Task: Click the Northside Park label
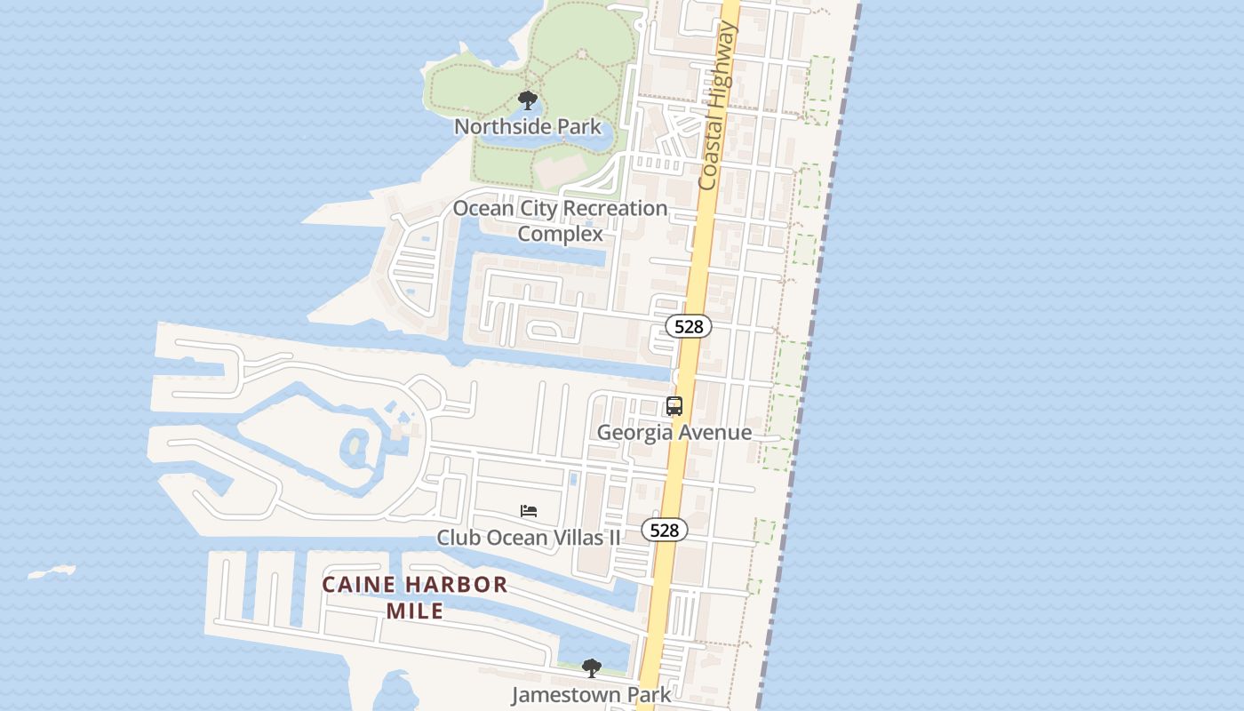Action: coord(528,126)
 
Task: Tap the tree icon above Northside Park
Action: coord(528,100)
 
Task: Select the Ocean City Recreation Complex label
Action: coord(560,220)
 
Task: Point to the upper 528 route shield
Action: coord(689,326)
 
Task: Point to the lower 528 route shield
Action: coord(664,530)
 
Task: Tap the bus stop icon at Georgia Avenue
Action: coord(674,406)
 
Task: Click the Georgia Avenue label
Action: coord(674,433)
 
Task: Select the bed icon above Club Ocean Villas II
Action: coord(529,511)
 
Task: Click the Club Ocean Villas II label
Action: coord(529,537)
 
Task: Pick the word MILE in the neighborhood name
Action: coord(415,611)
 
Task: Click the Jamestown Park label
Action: coord(591,694)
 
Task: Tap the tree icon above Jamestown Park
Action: coord(591,667)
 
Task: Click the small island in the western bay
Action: coord(52,571)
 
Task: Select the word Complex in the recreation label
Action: coord(560,234)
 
